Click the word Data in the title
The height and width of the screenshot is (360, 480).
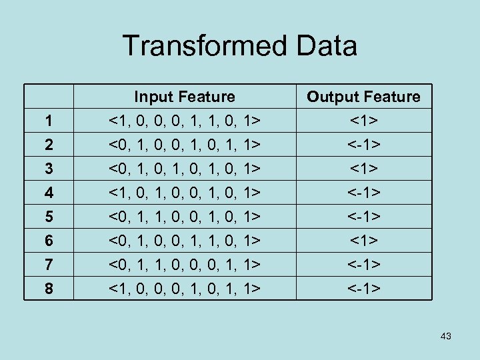pos(324,47)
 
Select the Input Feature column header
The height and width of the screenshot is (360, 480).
pos(185,97)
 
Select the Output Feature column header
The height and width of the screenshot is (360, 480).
pos(363,97)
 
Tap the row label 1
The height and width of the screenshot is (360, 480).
pos(48,121)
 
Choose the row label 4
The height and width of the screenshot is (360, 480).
pos(48,193)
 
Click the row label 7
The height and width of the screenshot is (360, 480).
pos(48,265)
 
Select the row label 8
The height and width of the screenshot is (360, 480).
pos(48,289)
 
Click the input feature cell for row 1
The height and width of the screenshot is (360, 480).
pos(185,121)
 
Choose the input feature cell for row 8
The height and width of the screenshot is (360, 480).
pos(185,289)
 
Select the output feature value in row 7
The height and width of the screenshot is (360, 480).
pos(363,265)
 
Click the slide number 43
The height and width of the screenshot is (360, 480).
pos(446,336)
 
